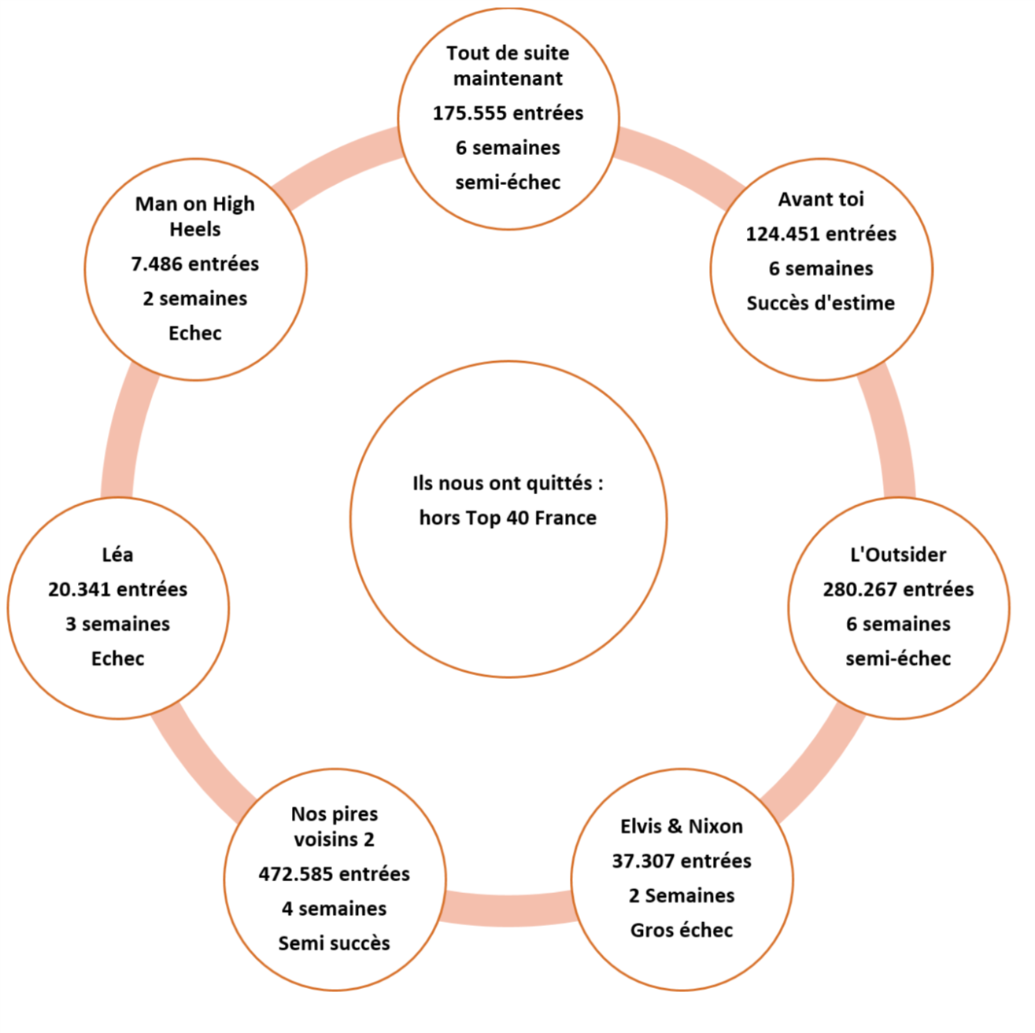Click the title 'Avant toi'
tap(821, 200)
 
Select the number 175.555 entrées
tap(508, 113)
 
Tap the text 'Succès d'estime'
tap(821, 304)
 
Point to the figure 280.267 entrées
tap(898, 590)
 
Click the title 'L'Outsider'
tap(898, 555)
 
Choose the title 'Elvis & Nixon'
tap(682, 827)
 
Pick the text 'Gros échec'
tap(682, 931)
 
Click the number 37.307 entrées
tap(682, 861)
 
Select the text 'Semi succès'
tap(335, 943)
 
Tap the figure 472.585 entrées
tap(335, 874)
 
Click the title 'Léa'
tap(118, 555)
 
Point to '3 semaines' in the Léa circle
tap(118, 625)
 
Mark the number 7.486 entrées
tap(195, 264)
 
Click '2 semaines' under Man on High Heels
tap(195, 299)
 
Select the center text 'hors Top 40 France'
tap(508, 518)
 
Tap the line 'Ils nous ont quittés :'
tap(508, 484)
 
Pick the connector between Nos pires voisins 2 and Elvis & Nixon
tap(508, 909)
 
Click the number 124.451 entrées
tap(821, 234)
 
